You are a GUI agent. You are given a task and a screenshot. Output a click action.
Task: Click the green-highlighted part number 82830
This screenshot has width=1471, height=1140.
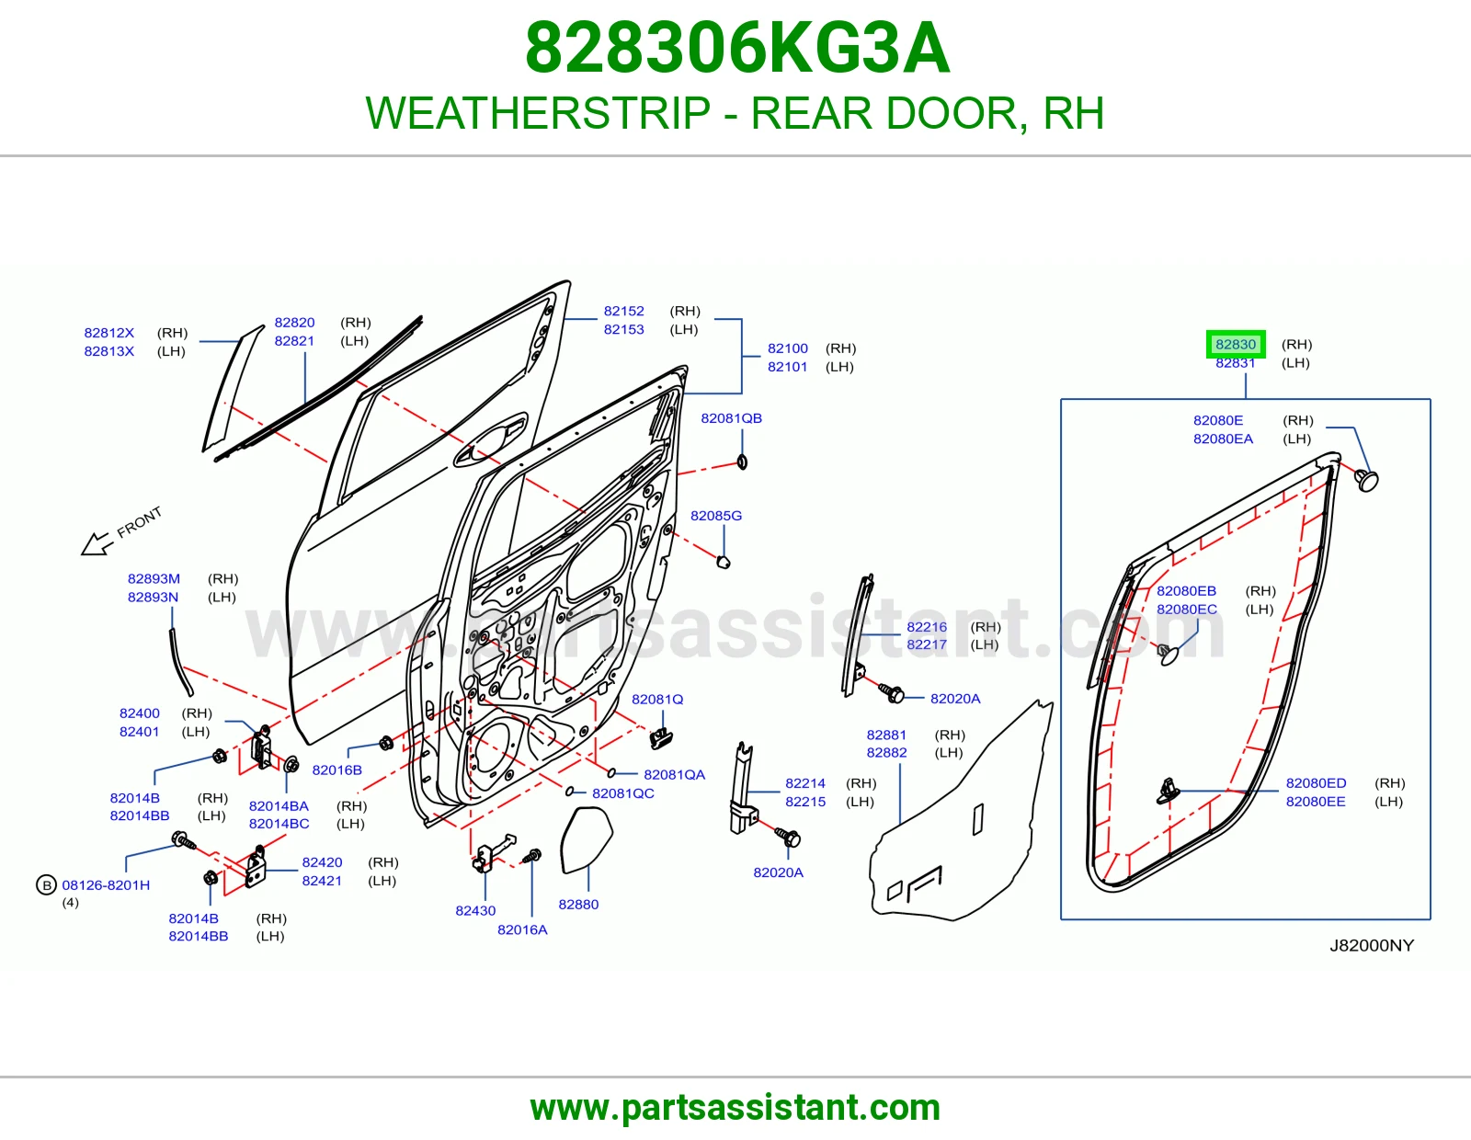point(1236,344)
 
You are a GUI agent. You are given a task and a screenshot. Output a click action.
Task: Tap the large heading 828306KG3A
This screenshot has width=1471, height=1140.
point(737,48)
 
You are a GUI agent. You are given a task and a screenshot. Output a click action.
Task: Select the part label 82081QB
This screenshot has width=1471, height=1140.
point(731,418)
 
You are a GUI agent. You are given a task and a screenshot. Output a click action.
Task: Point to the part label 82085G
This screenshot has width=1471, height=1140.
point(715,516)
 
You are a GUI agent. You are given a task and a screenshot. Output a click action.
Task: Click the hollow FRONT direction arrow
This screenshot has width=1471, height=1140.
point(97,543)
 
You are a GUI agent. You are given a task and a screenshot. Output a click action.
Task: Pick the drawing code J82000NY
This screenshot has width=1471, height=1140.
point(1372,946)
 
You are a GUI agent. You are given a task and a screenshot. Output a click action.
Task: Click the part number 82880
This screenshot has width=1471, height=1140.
point(578,905)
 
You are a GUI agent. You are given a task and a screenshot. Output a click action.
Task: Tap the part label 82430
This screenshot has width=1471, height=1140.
point(475,911)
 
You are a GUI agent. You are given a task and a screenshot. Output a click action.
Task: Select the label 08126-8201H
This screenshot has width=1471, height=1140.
point(106,885)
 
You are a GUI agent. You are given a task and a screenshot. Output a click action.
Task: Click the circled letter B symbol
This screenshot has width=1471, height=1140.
point(46,885)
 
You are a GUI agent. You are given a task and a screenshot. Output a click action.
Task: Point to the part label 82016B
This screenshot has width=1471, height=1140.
point(336,770)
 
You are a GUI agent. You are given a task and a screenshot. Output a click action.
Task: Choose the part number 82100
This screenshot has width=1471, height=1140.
point(787,348)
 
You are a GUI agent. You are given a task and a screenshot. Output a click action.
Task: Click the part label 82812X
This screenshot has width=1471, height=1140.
point(109,333)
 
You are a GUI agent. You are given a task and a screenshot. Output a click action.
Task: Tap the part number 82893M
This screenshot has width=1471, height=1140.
point(154,579)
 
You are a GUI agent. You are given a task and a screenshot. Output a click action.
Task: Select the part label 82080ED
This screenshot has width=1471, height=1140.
point(1316,783)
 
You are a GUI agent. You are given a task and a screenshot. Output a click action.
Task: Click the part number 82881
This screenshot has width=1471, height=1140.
point(886,735)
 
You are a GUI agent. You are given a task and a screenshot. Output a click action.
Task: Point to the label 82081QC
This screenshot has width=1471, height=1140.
point(622,793)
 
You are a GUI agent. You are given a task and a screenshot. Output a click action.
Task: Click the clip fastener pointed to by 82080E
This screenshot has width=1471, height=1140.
point(1367,481)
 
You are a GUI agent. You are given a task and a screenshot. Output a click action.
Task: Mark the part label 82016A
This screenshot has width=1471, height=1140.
point(522,930)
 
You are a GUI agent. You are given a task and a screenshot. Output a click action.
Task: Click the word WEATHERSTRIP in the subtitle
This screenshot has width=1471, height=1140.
point(538,113)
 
